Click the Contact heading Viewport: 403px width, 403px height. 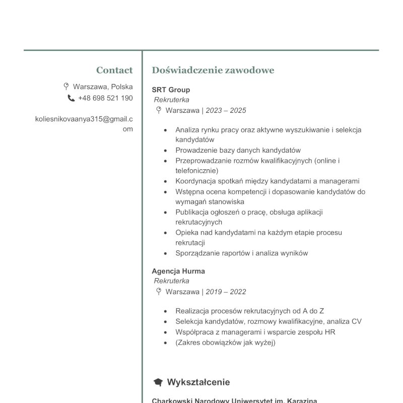tap(114, 70)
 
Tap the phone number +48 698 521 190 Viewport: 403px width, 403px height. tap(105, 98)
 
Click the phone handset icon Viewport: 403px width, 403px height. tap(71, 98)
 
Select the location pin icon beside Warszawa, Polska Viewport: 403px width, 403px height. tap(66, 86)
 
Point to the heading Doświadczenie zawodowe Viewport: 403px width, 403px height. tap(213, 70)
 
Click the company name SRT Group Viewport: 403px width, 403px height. tap(171, 90)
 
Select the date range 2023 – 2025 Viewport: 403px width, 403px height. tap(226, 110)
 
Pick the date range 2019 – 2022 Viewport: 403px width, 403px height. tap(226, 292)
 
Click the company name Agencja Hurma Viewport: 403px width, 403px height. tap(178, 271)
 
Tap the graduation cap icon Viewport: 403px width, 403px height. tap(158, 382)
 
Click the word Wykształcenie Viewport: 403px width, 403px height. tap(198, 382)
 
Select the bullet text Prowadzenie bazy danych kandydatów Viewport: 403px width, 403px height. tap(238, 150)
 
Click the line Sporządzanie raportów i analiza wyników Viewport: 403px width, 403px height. tap(241, 253)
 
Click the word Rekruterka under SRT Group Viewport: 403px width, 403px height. tap(171, 100)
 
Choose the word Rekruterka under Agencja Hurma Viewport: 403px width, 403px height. tap(171, 281)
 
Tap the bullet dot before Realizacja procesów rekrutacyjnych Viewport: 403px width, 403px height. tap(165, 311)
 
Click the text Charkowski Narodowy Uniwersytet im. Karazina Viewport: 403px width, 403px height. tap(234, 401)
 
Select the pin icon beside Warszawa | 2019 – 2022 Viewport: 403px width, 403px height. tap(159, 291)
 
